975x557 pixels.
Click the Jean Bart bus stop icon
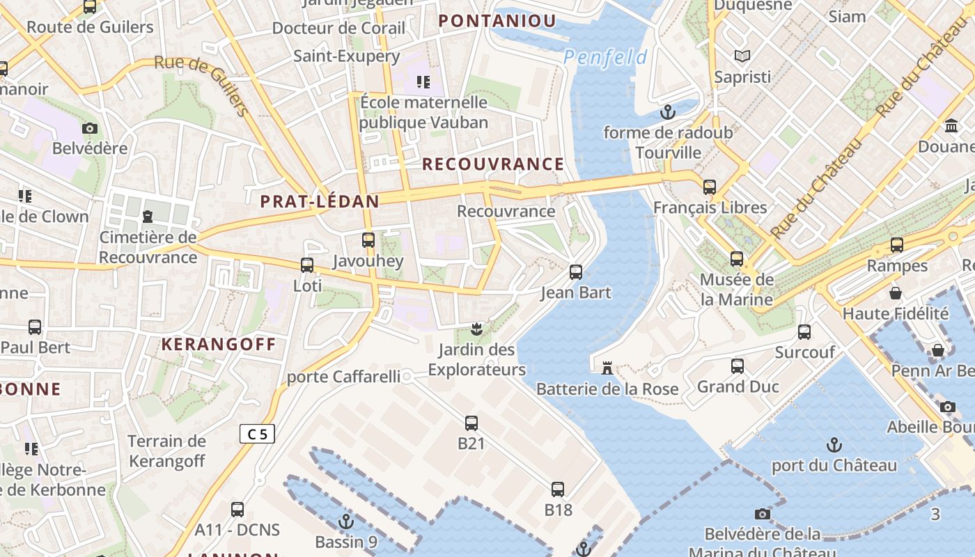(576, 272)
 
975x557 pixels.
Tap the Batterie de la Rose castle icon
(607, 367)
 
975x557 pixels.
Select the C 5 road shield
(257, 434)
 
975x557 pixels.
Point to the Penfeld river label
(605, 58)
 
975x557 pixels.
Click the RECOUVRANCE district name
(493, 164)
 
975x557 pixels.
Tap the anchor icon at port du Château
(834, 444)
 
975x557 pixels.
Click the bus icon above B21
(471, 423)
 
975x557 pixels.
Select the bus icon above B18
(558, 489)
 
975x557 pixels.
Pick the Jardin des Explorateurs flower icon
(477, 329)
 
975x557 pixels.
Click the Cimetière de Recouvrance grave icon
(148, 217)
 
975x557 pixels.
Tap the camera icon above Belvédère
(90, 128)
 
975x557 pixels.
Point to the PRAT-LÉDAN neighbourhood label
(320, 202)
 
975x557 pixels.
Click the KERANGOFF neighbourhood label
(219, 344)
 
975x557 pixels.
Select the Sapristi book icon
(742, 56)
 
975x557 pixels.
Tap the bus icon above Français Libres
(710, 187)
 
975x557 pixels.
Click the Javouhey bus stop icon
(368, 240)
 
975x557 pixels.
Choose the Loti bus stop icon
(307, 265)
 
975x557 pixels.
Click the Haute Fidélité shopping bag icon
(896, 292)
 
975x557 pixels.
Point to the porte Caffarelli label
(344, 377)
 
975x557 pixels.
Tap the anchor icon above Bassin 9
(346, 521)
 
